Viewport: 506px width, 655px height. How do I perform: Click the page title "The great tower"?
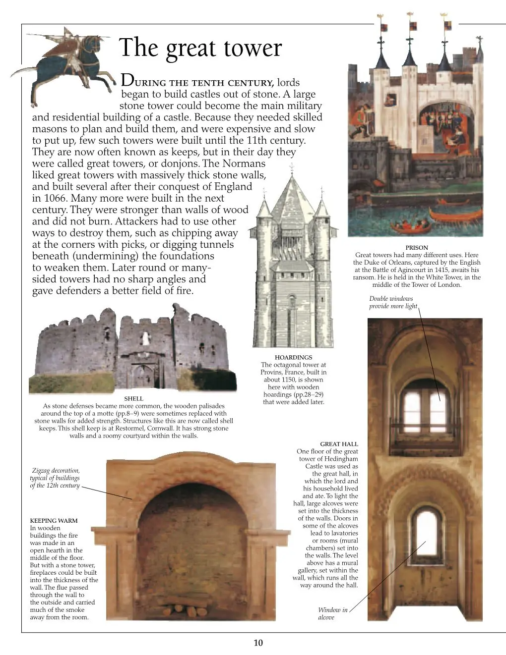pos(200,48)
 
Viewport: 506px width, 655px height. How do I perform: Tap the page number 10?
pos(258,643)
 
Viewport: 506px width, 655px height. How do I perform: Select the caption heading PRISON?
pos(417,248)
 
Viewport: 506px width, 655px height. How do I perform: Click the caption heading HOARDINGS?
pos(293,357)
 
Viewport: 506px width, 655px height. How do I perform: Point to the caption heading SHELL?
pos(133,398)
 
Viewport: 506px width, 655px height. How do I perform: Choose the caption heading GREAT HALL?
pos(339,444)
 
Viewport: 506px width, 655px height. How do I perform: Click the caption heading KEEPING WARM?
pos(54,521)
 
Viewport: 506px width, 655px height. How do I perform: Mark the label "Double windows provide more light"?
pos(393,302)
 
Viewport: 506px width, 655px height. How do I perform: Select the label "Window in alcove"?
pos(332,613)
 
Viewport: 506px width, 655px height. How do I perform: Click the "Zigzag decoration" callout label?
pos(55,478)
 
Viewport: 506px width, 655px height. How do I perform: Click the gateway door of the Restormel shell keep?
pos(142,377)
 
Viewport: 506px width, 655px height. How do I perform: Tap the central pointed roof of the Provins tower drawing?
pos(292,198)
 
